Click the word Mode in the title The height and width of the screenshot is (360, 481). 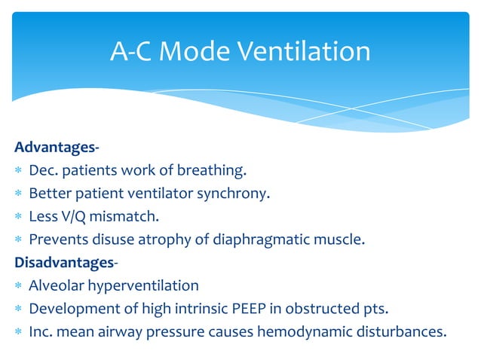194,51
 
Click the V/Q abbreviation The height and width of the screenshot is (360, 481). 71,216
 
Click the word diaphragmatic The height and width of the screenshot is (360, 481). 232,239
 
